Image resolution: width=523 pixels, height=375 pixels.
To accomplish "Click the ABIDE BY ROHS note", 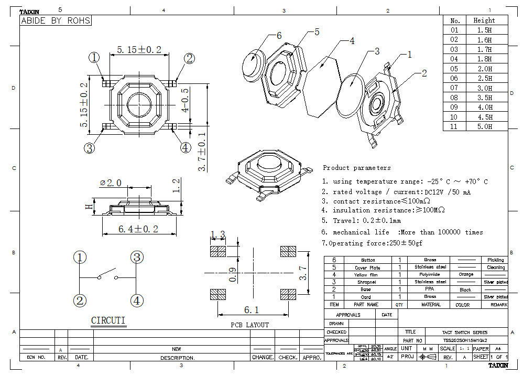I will pyautogui.click(x=56, y=21).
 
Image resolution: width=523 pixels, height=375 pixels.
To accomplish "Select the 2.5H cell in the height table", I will pyautogui.click(x=484, y=78).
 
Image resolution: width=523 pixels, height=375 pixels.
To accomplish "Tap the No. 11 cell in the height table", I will pyautogui.click(x=454, y=126).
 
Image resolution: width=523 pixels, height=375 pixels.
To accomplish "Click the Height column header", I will pyautogui.click(x=484, y=20).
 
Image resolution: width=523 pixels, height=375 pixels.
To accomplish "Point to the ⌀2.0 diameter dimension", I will pyautogui.click(x=111, y=183).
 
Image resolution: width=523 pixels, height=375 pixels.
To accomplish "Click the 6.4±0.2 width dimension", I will pyautogui.click(x=138, y=229).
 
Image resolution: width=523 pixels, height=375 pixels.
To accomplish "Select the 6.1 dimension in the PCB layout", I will pyautogui.click(x=250, y=309).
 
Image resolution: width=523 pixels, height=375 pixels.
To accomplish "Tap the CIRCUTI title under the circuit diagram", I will pyautogui.click(x=108, y=320).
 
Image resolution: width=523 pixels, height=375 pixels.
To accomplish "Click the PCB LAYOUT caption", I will pyautogui.click(x=249, y=325).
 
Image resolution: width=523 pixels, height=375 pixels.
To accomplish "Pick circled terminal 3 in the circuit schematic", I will pyautogui.click(x=136, y=258).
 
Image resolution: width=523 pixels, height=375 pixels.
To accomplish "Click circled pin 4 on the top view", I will pyautogui.click(x=185, y=147).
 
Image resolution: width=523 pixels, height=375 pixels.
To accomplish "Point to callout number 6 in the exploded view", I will pyautogui.click(x=279, y=36).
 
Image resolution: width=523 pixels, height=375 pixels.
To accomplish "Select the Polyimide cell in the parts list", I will pyautogui.click(x=430, y=274).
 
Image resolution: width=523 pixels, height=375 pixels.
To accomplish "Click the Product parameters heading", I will pyautogui.click(x=356, y=168).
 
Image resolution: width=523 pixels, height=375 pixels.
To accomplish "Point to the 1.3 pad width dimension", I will pyautogui.click(x=217, y=234).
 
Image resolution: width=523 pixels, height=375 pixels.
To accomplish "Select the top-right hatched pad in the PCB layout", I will pyautogui.click(x=288, y=251).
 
